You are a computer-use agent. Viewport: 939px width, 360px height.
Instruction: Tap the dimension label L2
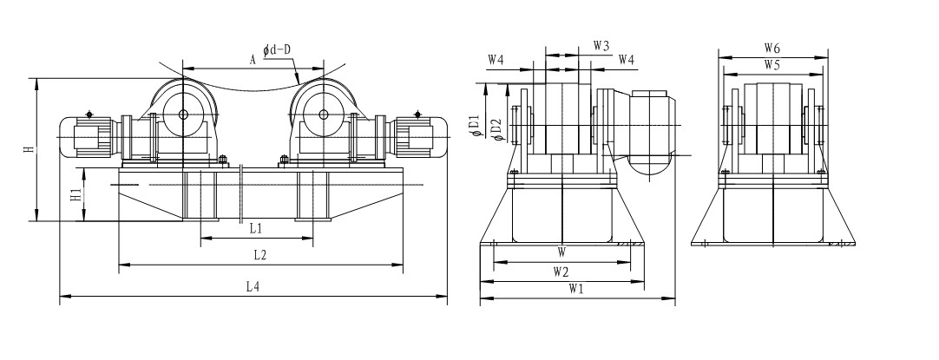coord(259,254)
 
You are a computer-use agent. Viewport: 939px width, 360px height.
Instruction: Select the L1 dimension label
coord(256,227)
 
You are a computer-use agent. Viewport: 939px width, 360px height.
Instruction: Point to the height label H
coord(28,150)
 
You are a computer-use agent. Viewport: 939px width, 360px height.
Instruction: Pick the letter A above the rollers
coord(252,60)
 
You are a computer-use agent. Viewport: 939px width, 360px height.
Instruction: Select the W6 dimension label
coord(772,46)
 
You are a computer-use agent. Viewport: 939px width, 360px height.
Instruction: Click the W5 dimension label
coord(772,64)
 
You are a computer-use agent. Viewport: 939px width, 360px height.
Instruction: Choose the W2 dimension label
coord(562,272)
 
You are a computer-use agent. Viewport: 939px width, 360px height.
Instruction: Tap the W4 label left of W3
coord(496,60)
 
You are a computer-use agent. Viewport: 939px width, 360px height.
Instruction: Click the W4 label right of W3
coord(626,60)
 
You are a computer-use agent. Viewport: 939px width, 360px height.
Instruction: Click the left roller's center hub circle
coord(183,115)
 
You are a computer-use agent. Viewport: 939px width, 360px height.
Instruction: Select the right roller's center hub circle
coord(323,115)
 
